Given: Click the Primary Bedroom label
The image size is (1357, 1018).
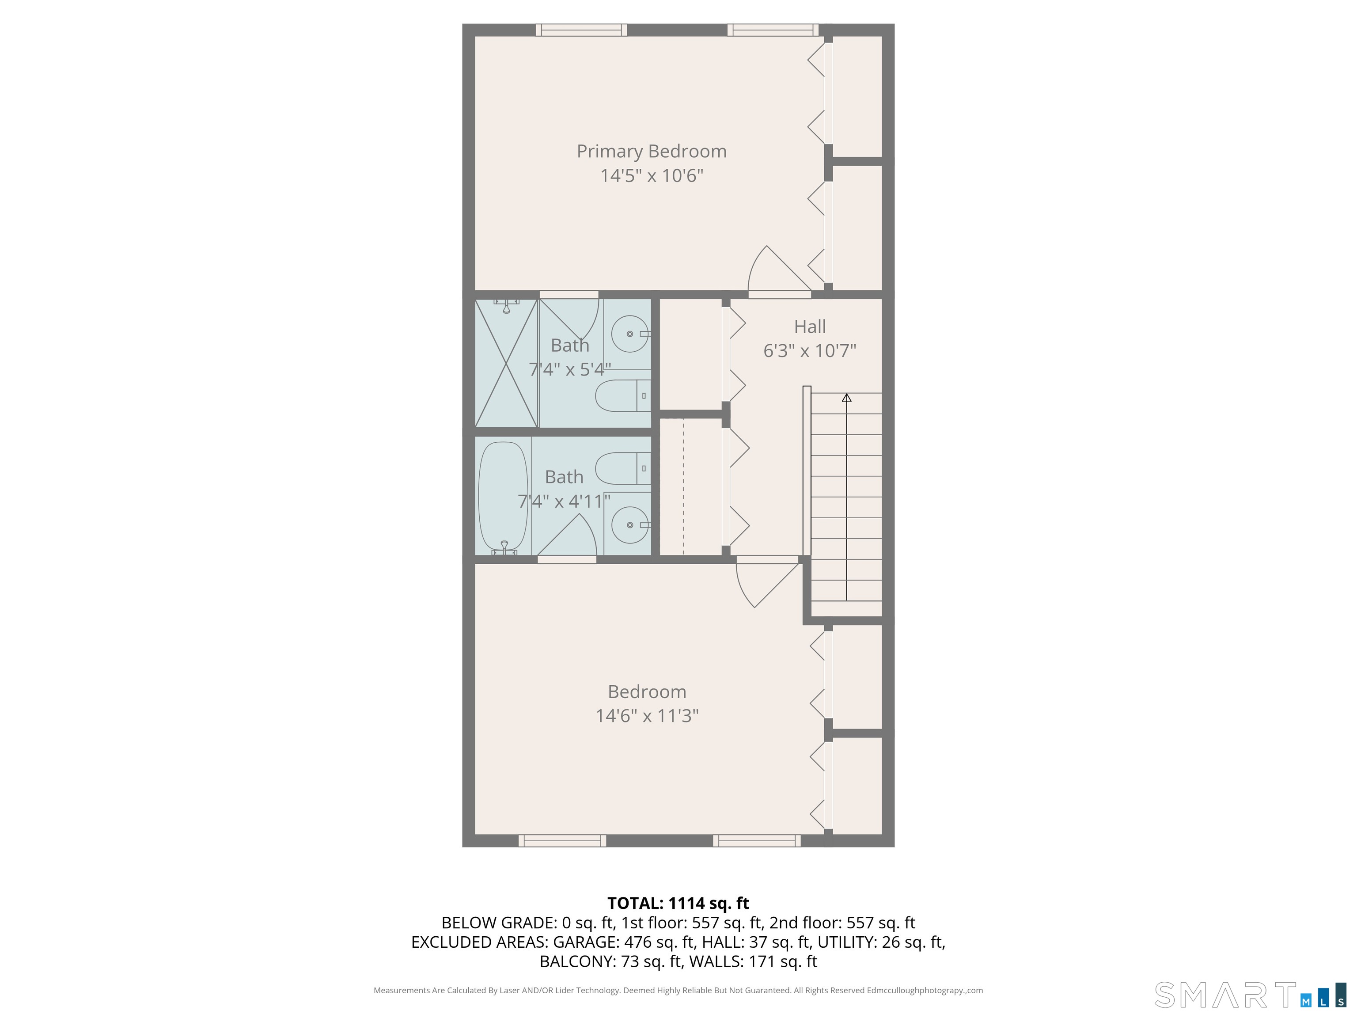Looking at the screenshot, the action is point(652,152).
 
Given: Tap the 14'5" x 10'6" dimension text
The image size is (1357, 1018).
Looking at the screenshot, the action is point(652,175).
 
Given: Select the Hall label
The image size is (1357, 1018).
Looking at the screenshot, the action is point(810,327).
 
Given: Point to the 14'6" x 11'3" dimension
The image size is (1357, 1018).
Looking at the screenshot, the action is point(647,715).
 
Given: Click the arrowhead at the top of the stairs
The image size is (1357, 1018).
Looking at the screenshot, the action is point(847,398).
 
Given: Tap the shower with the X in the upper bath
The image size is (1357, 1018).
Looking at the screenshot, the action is point(507,363).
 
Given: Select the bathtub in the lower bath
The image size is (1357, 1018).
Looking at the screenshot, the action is point(503,497).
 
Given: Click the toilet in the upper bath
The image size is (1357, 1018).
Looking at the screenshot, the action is point(623,396).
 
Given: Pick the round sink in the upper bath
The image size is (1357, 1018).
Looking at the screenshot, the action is point(630,334).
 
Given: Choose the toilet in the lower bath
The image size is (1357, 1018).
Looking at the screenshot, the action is point(623,469).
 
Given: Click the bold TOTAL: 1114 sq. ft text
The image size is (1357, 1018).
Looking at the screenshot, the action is point(678,903).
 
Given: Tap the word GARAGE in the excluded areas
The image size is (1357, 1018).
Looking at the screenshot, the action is point(586,942).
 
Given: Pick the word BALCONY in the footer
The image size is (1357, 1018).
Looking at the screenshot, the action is point(576,961).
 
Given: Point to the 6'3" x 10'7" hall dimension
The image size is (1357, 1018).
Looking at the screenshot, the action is point(810,350).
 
